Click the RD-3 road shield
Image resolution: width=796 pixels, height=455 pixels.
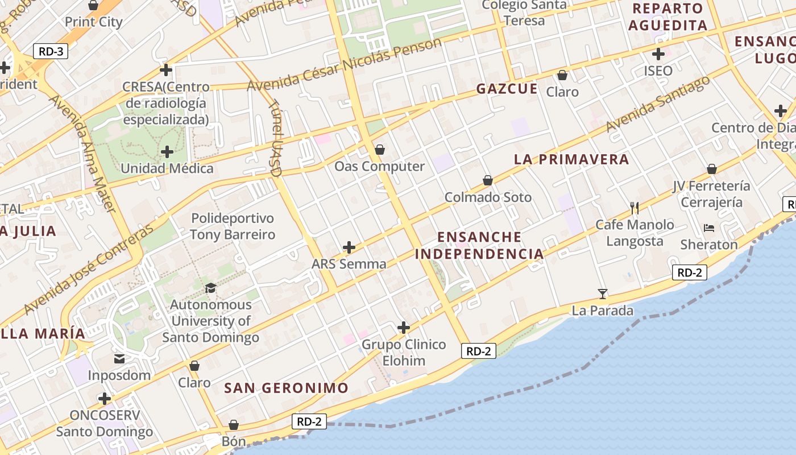coord(51,51)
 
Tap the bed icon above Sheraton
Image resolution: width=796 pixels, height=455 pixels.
coord(708,228)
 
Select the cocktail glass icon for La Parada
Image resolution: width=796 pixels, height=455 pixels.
coord(603,293)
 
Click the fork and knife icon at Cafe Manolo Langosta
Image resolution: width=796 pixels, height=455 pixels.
coord(635,208)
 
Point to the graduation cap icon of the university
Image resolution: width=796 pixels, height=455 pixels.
coord(210,288)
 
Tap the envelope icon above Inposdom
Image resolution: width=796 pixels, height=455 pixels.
coord(119,358)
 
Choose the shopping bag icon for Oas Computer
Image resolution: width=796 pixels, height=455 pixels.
coord(379,150)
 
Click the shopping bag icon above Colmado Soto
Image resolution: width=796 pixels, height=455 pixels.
coord(487,180)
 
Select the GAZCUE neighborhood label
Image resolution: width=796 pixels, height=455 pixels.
coord(507,89)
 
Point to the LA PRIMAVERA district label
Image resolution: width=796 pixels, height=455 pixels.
coord(571,159)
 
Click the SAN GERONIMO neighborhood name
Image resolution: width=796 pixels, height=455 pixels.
coord(286,388)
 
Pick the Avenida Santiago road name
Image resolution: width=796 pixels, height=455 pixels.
coord(658,103)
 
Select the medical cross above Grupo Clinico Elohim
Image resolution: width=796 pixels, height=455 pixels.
coord(404,328)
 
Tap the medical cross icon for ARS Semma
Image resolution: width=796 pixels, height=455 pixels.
coord(349,247)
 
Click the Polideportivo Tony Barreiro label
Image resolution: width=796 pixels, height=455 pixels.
coord(232,226)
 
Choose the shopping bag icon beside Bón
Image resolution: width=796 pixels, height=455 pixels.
coord(233,425)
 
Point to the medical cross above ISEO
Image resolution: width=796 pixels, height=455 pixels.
coord(658,55)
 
